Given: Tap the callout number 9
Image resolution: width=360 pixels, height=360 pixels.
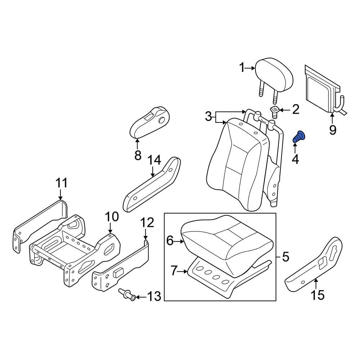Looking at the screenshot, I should click(332, 130).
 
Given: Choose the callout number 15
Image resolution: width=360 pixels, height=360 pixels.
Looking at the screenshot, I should click(318, 295).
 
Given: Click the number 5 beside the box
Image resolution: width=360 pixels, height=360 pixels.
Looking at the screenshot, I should click(285, 257).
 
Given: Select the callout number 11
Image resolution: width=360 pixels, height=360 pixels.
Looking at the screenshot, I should click(61, 183).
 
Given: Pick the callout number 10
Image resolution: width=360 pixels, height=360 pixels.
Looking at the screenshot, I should click(111, 217).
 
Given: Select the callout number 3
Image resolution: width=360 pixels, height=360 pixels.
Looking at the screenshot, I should click(208, 117).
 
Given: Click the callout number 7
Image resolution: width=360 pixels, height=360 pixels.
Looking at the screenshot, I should click(174, 270).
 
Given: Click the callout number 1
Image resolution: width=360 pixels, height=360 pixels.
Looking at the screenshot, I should click(242, 67).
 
